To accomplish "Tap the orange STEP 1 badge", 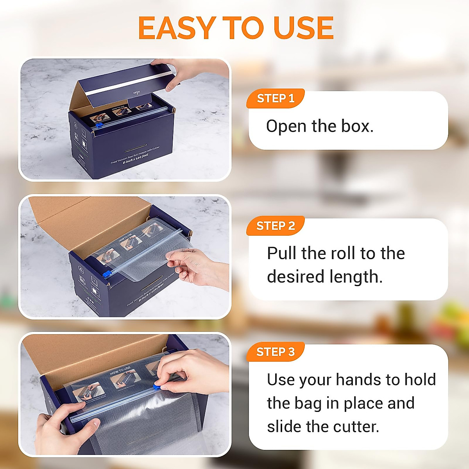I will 276,98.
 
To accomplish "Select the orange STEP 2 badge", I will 276,226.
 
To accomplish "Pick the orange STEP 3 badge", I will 276,352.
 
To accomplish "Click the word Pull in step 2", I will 282,253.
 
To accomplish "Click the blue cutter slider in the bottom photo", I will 155,387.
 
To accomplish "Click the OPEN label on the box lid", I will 136,93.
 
